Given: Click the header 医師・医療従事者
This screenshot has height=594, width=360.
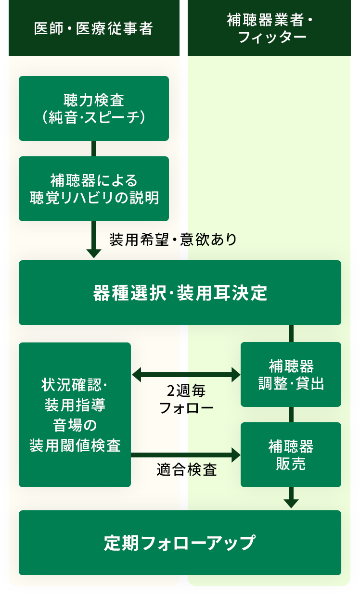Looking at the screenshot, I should pos(93,29).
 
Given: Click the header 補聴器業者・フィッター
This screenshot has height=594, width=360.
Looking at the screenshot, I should pos(269,29).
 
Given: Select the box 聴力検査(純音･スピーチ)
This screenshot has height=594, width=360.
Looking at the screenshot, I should pos(94,108).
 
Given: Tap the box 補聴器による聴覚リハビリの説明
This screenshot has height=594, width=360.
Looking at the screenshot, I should pos(94,189).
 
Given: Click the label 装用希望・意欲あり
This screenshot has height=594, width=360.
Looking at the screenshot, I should pos(173,240).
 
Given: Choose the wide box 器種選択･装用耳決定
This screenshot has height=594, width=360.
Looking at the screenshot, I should pos(180,292).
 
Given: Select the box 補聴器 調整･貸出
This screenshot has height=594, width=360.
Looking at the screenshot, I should pos(291,375).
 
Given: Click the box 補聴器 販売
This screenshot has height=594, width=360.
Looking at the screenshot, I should pos(291,455).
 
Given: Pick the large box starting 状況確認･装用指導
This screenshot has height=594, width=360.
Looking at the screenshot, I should pos(75,415).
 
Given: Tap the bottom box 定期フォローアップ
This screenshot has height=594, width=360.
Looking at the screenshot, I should pos(180,543).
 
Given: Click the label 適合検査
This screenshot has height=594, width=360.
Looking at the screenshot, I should pos(187,469).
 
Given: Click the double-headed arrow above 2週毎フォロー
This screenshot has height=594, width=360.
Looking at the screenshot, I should pos(186,373).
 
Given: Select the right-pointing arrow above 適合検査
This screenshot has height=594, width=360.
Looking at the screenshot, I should pos(186,454).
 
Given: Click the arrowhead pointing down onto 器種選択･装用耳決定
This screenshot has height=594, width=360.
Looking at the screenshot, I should pos(94,253).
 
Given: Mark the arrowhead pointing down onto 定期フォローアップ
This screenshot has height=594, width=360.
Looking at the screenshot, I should pos(291,503).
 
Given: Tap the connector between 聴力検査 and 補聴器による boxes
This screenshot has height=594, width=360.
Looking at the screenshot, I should pos(94,149).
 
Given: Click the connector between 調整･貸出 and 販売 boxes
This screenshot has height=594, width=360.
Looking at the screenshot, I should pos(291,415).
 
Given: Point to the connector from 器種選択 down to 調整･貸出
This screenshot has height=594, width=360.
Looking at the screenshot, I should pos(291,333).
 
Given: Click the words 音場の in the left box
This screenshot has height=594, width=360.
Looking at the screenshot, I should pos(75,425).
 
